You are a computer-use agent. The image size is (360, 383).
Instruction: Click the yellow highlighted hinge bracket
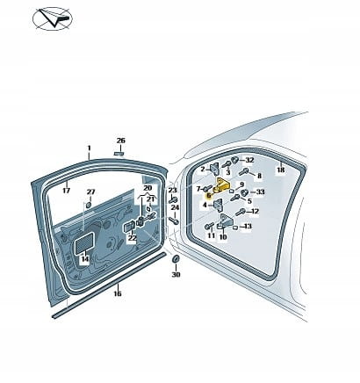pos(222,185)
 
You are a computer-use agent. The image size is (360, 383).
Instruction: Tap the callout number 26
pos(121,141)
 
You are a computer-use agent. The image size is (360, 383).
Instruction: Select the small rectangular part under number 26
pos(119,154)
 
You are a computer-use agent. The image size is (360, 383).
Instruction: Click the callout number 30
pos(176,274)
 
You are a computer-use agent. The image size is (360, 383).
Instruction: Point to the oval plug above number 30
pos(175,259)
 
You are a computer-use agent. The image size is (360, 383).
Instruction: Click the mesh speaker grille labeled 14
pos(85,242)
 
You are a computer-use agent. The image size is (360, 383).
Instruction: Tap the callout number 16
pos(118,293)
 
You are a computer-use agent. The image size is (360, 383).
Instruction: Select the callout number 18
pos(281,170)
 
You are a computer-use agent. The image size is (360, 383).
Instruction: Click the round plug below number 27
pos(89,204)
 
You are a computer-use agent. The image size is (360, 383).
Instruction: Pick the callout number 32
pos(249,160)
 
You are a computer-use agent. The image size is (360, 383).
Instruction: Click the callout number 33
pos(260,191)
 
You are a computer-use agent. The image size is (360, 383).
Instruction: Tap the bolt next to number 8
pos(244,171)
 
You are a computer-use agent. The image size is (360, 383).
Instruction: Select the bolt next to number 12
pos(241,212)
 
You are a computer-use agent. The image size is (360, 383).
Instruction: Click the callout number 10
pos(223,236)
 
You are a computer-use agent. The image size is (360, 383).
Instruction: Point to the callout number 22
pos(133,238)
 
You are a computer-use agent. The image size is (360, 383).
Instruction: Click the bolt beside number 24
pos(174,220)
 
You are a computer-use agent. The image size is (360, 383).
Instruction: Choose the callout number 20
pos(148,188)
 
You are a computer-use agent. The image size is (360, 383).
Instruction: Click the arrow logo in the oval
pos(55,18)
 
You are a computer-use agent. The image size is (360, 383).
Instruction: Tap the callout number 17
pos(67,191)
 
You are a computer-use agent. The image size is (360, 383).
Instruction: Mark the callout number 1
pos(90,148)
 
